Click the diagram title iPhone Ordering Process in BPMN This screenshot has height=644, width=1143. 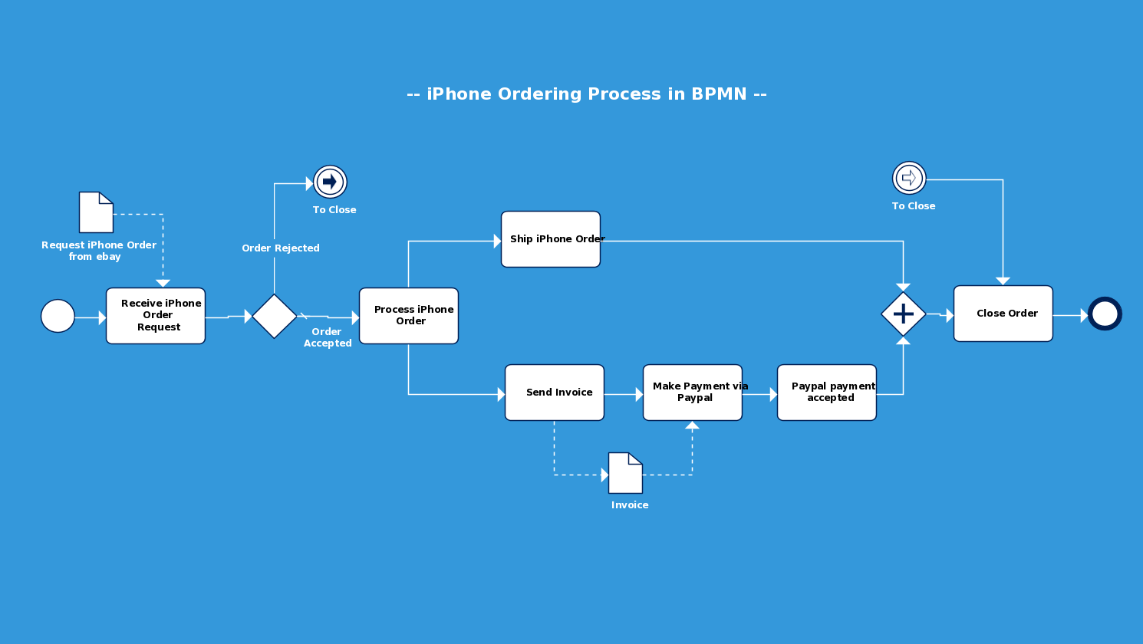click(x=586, y=94)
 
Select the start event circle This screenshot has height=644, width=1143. click(x=58, y=316)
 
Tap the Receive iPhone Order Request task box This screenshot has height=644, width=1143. click(x=156, y=316)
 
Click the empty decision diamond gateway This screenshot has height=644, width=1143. click(x=275, y=316)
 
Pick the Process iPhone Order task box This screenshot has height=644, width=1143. click(x=409, y=316)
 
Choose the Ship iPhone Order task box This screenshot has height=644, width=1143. click(x=551, y=239)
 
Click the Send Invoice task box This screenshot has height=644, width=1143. click(x=555, y=393)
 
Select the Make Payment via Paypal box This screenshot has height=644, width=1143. click(x=693, y=393)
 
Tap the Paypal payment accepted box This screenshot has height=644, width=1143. click(x=827, y=393)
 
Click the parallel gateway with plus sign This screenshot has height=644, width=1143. click(x=904, y=314)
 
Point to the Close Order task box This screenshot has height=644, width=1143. click(x=1003, y=314)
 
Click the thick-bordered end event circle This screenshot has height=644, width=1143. click(x=1105, y=314)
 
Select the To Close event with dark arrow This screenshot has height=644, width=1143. click(x=330, y=182)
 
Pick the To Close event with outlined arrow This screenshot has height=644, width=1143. click(x=909, y=178)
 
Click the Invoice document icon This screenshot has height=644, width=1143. click(x=625, y=473)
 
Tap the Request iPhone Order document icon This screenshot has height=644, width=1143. click(x=96, y=212)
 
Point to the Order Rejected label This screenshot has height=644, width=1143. click(x=281, y=248)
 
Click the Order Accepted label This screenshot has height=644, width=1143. click(x=328, y=337)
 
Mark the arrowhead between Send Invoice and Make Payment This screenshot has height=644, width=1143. click(x=639, y=395)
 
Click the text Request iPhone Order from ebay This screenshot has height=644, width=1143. click(x=98, y=251)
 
